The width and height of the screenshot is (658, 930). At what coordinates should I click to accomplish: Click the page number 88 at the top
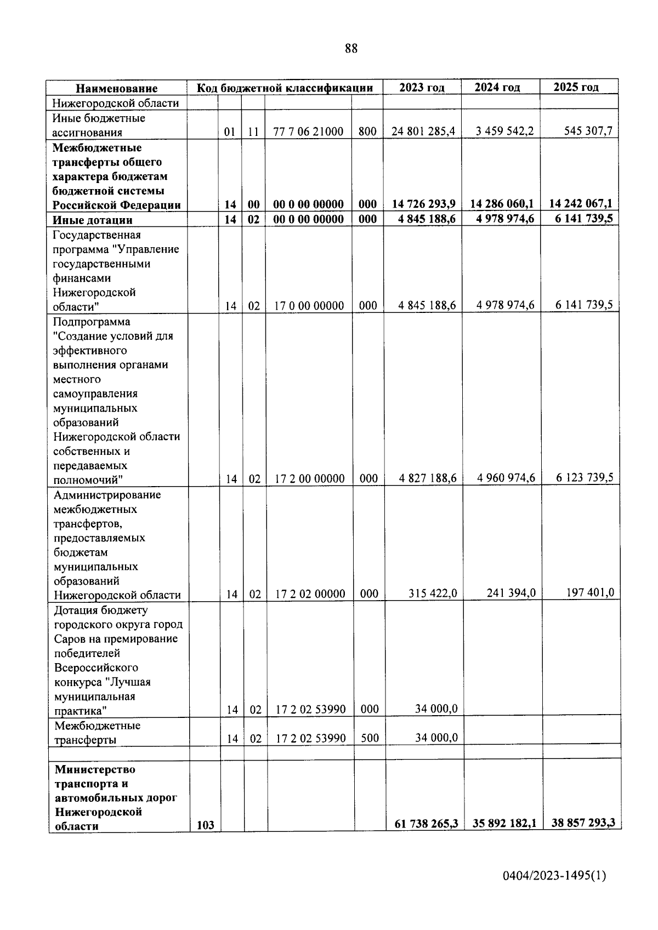tap(351, 49)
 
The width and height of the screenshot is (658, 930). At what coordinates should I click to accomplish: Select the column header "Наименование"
tap(116, 88)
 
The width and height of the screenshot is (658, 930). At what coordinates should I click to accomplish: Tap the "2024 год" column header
tap(497, 87)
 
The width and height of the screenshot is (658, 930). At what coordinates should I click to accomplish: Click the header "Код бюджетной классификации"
tap(285, 88)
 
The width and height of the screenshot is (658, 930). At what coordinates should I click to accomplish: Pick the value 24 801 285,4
tap(423, 132)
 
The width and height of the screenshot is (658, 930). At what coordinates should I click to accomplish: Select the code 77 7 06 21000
tap(308, 132)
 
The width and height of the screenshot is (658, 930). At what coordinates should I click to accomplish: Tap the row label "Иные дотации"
tap(93, 220)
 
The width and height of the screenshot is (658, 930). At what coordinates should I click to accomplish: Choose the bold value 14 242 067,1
tap(581, 203)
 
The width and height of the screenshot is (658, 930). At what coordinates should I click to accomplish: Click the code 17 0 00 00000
tap(309, 306)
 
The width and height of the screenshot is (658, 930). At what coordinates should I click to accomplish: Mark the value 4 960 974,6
tap(506, 478)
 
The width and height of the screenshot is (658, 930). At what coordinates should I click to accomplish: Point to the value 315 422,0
tap(433, 594)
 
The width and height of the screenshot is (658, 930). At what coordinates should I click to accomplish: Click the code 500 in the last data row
tap(370, 738)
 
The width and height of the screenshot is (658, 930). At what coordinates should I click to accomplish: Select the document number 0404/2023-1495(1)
tap(554, 892)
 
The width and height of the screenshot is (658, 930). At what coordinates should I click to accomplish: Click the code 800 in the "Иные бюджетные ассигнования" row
tap(367, 132)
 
